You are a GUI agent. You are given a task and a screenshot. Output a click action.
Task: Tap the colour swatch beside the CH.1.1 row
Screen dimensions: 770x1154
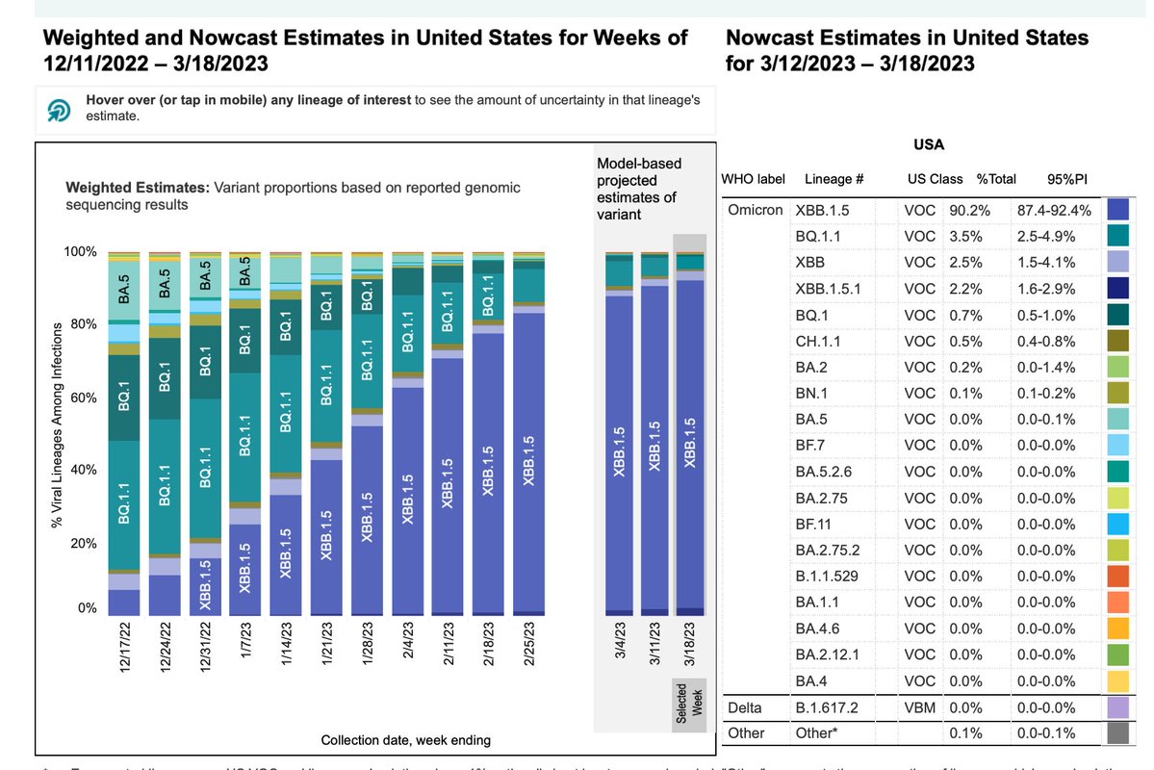point(1118,341)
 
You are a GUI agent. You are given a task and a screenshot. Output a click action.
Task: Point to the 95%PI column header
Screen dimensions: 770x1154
point(1067,179)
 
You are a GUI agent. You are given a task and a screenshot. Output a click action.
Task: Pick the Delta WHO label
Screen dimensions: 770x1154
point(745,707)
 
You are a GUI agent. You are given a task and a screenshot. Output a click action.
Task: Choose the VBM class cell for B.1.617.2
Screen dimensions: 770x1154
point(921,707)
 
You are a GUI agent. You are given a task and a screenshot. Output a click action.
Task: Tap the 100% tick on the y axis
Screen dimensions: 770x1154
point(81,252)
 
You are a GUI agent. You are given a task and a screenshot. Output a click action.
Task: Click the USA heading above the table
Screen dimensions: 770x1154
point(929,145)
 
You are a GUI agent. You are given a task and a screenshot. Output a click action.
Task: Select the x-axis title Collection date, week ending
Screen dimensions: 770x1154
point(405,740)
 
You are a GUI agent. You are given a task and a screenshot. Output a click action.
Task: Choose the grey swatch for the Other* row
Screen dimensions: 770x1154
point(1118,733)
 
